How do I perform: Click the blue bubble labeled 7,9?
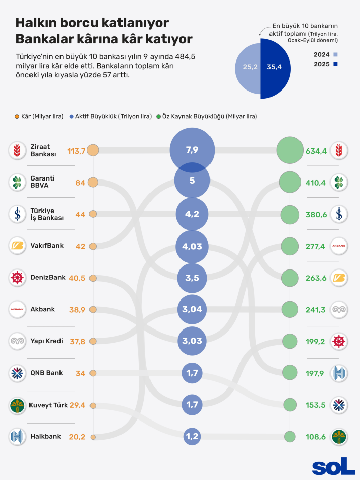(192, 149)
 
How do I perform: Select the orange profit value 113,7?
(76, 151)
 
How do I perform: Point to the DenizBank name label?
(48, 278)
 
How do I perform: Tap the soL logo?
(333, 466)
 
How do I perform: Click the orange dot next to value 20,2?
(93, 436)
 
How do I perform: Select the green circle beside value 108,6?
(290, 436)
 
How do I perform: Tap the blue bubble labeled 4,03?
(192, 246)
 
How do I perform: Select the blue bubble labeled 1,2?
(192, 436)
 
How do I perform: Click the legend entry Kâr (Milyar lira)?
(40, 116)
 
